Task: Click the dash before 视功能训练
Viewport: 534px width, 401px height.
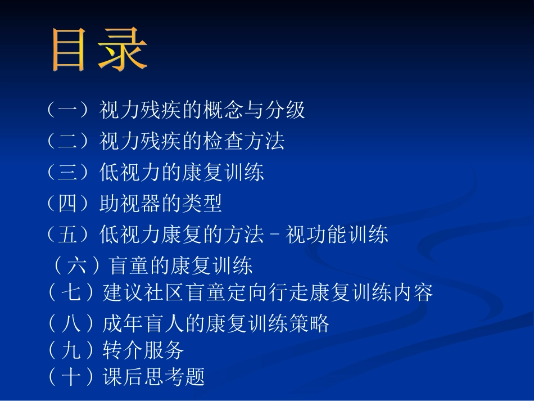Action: [x=275, y=235]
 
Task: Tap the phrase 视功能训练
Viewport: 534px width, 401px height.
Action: [x=337, y=235]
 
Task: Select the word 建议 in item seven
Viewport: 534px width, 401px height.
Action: [x=124, y=293]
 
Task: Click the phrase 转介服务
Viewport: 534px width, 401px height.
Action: [x=144, y=350]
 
